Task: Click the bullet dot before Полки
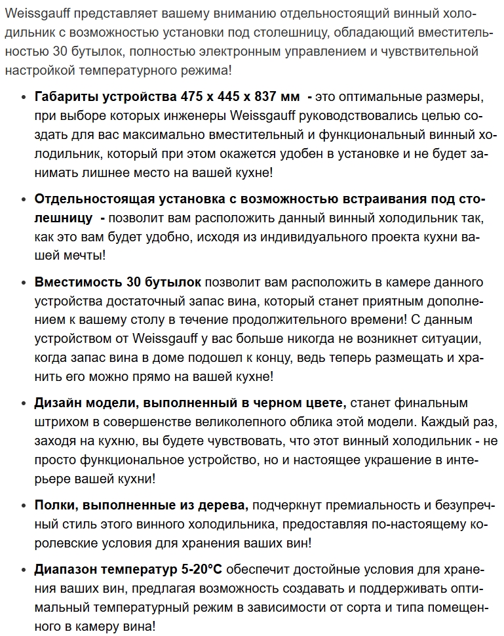(x=23, y=506)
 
